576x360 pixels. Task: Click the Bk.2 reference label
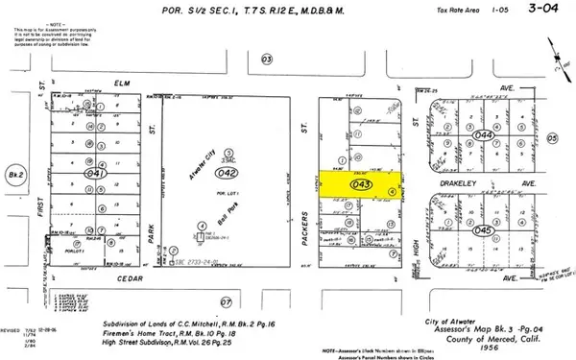point(14,176)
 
